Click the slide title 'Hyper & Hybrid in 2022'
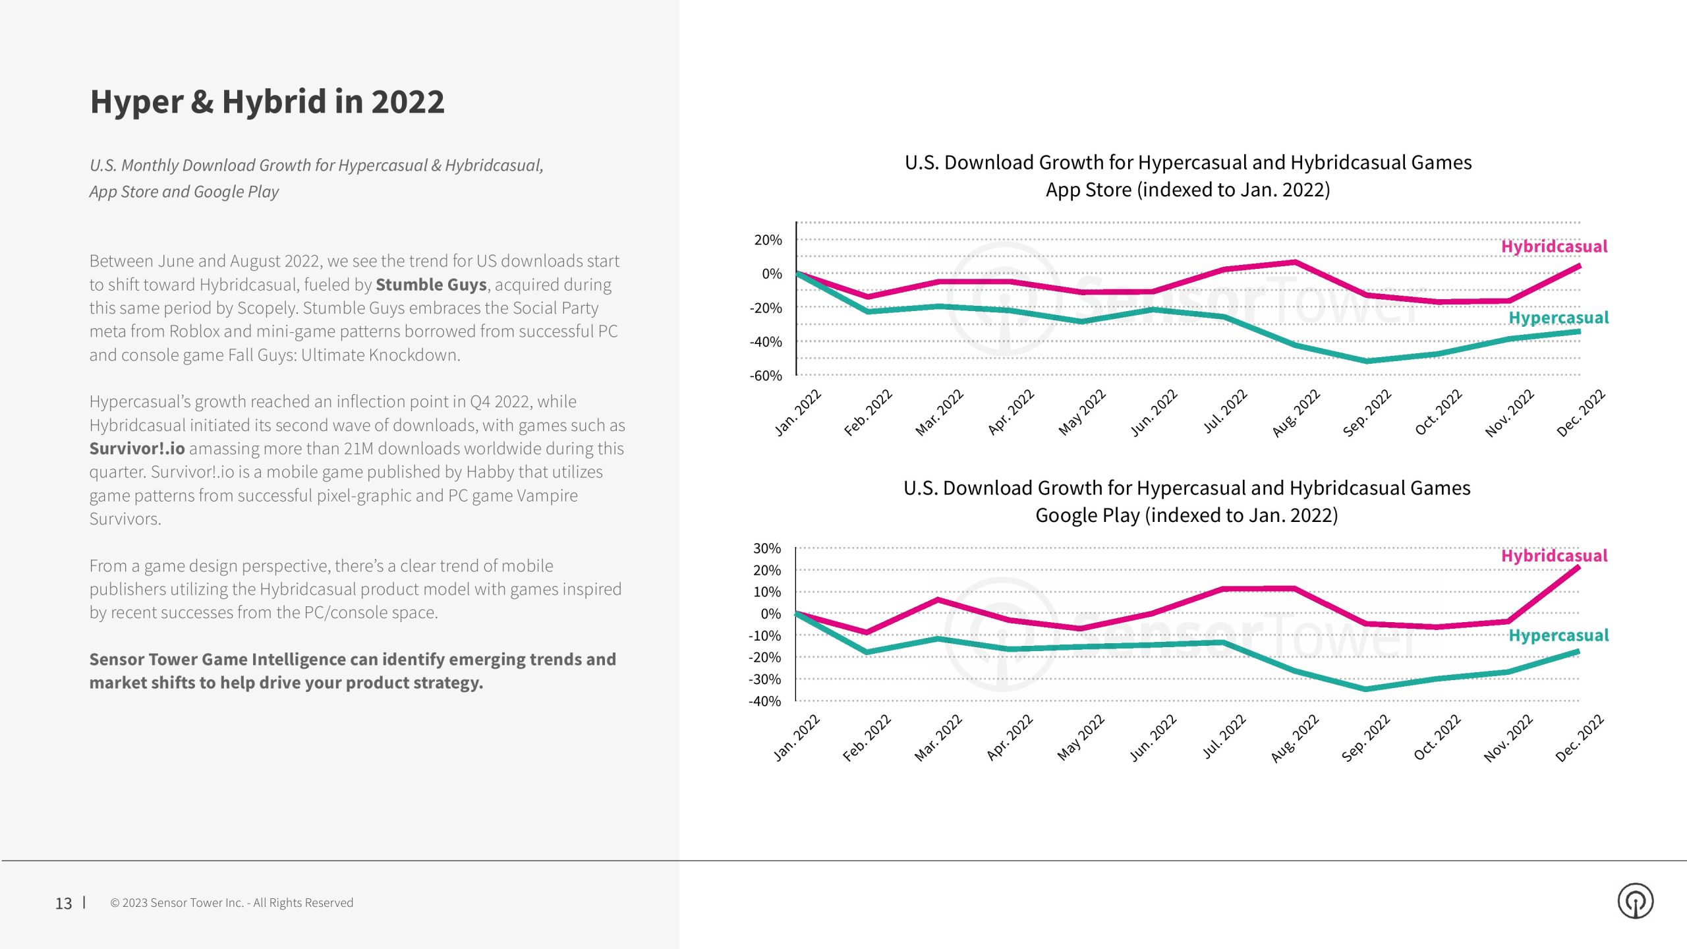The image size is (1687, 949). tap(267, 102)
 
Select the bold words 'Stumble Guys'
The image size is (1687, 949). tap(431, 285)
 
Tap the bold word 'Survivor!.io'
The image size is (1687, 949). tap(137, 449)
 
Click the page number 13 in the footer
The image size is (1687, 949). tap(63, 903)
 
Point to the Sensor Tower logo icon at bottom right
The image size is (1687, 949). tap(1635, 901)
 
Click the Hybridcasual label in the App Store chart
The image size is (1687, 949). tap(1554, 246)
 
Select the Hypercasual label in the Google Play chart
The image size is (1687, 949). tap(1558, 635)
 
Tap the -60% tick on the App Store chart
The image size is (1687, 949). tap(766, 376)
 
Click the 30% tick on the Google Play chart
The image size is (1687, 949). tap(767, 548)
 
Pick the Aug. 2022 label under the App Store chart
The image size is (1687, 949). tap(1296, 413)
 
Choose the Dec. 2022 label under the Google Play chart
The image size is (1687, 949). tap(1580, 738)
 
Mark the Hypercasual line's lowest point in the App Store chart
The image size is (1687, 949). tap(1367, 361)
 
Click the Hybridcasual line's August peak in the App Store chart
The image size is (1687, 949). tap(1296, 262)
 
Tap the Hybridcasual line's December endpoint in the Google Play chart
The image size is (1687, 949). tap(1578, 567)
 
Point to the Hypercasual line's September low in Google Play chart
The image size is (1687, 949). tap(1365, 689)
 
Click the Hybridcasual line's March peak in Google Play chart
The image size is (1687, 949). tap(938, 599)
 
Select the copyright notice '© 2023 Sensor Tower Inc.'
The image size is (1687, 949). tap(231, 903)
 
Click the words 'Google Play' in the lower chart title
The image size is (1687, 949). tap(1087, 515)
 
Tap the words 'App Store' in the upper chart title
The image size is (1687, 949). tap(1088, 190)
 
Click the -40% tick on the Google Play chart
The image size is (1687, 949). tap(764, 701)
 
